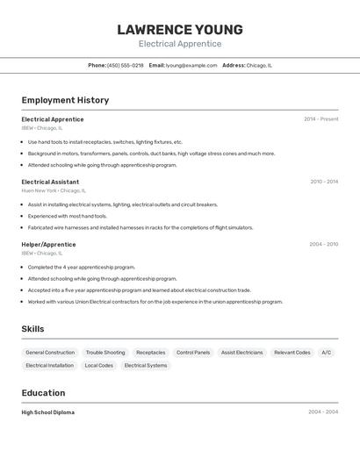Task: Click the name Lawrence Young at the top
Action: point(180,29)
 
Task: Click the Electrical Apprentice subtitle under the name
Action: point(180,44)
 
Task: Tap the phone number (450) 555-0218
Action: point(125,65)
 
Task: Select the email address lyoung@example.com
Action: point(191,65)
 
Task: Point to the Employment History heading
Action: point(65,100)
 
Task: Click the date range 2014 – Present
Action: point(320,118)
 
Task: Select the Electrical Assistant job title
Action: point(50,182)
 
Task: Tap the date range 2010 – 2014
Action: point(324,182)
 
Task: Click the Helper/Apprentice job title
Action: point(48,244)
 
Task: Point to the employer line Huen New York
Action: point(54,190)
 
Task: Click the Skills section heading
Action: point(33,329)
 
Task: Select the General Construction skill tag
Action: point(50,353)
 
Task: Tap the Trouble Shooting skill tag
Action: point(105,353)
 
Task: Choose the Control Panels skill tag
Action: point(193,353)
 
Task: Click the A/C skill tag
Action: point(326,353)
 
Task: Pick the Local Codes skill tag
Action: point(98,365)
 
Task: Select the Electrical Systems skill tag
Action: point(145,365)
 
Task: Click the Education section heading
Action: point(43,393)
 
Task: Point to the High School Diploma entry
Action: point(48,412)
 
